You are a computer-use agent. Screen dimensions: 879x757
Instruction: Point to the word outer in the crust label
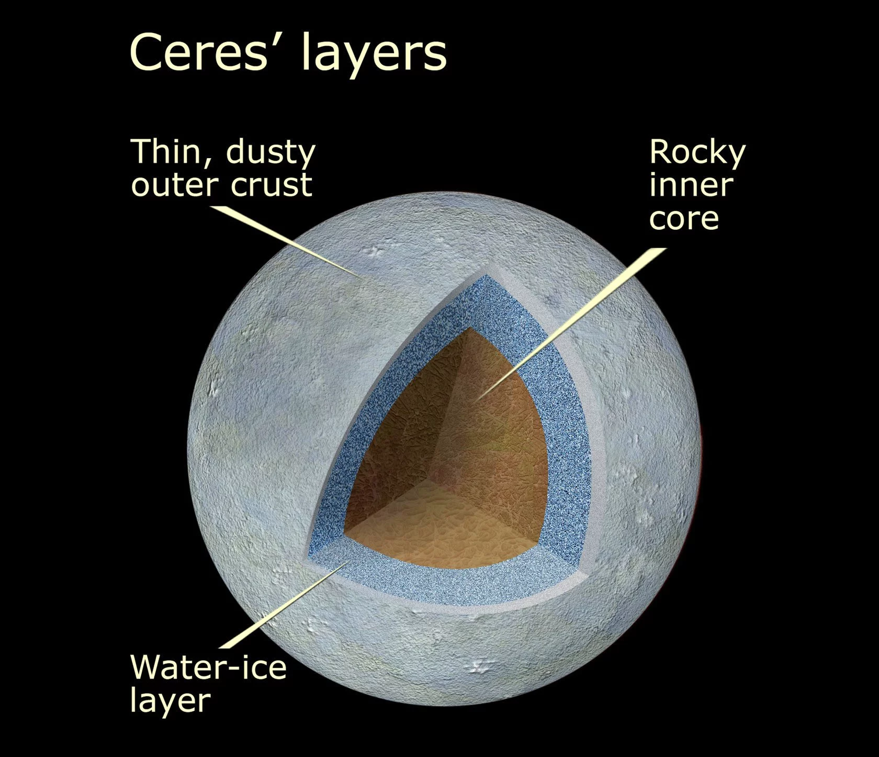[170, 185]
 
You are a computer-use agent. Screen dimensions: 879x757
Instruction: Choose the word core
[684, 218]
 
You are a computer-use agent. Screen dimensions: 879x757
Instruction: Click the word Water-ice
[208, 666]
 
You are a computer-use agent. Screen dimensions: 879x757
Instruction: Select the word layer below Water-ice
[170, 700]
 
